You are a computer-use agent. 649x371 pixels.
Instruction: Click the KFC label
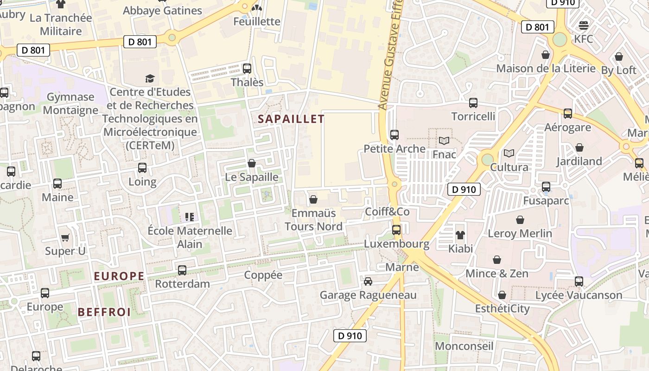coord(583,39)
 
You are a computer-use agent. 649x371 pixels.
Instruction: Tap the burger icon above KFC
coord(584,25)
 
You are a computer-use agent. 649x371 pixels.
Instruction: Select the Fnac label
coord(445,154)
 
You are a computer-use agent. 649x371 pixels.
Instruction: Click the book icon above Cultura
coord(509,153)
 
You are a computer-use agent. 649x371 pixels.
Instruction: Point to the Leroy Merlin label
coord(520,233)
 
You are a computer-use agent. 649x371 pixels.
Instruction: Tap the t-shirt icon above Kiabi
coord(460,235)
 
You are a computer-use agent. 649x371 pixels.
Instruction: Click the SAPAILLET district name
coord(291,119)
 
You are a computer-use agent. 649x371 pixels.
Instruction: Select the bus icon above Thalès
coord(247,69)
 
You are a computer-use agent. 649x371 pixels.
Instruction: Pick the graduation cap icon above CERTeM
coord(150,78)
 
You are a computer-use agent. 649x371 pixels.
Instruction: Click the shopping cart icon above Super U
coord(65,237)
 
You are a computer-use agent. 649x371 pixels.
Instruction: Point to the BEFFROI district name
coord(104,312)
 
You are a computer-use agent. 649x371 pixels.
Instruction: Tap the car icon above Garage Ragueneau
coord(368,281)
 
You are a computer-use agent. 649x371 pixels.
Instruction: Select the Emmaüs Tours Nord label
coord(313,220)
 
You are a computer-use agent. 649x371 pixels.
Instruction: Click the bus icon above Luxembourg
coord(396,230)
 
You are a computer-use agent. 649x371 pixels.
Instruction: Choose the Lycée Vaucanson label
coord(579,295)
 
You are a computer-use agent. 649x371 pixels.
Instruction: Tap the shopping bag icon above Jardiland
coord(579,148)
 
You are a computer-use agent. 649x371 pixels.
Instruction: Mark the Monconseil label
coord(464,346)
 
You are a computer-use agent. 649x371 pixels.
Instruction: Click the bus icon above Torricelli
coord(473,103)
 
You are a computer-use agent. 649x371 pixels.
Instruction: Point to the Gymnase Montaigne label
coord(70,103)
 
